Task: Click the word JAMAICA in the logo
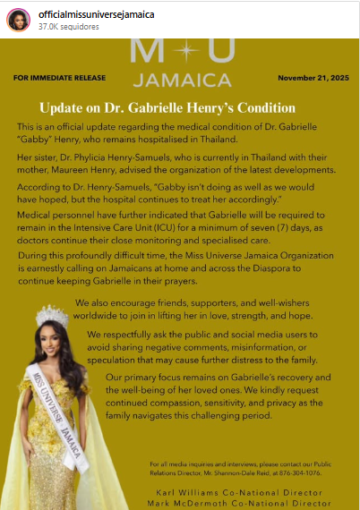[x=183, y=80]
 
